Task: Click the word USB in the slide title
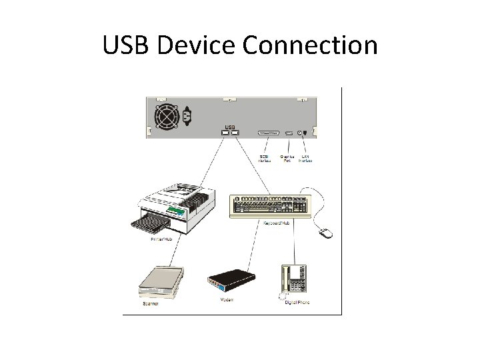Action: click(127, 45)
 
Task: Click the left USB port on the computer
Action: click(225, 133)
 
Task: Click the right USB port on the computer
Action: click(235, 133)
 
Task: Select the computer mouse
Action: click(326, 232)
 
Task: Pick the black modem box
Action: click(230, 279)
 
